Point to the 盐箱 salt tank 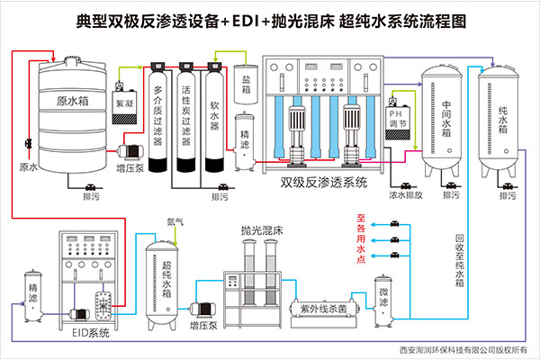coord(245,83)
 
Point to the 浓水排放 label coord(405,193)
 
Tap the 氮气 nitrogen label coord(174,220)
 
